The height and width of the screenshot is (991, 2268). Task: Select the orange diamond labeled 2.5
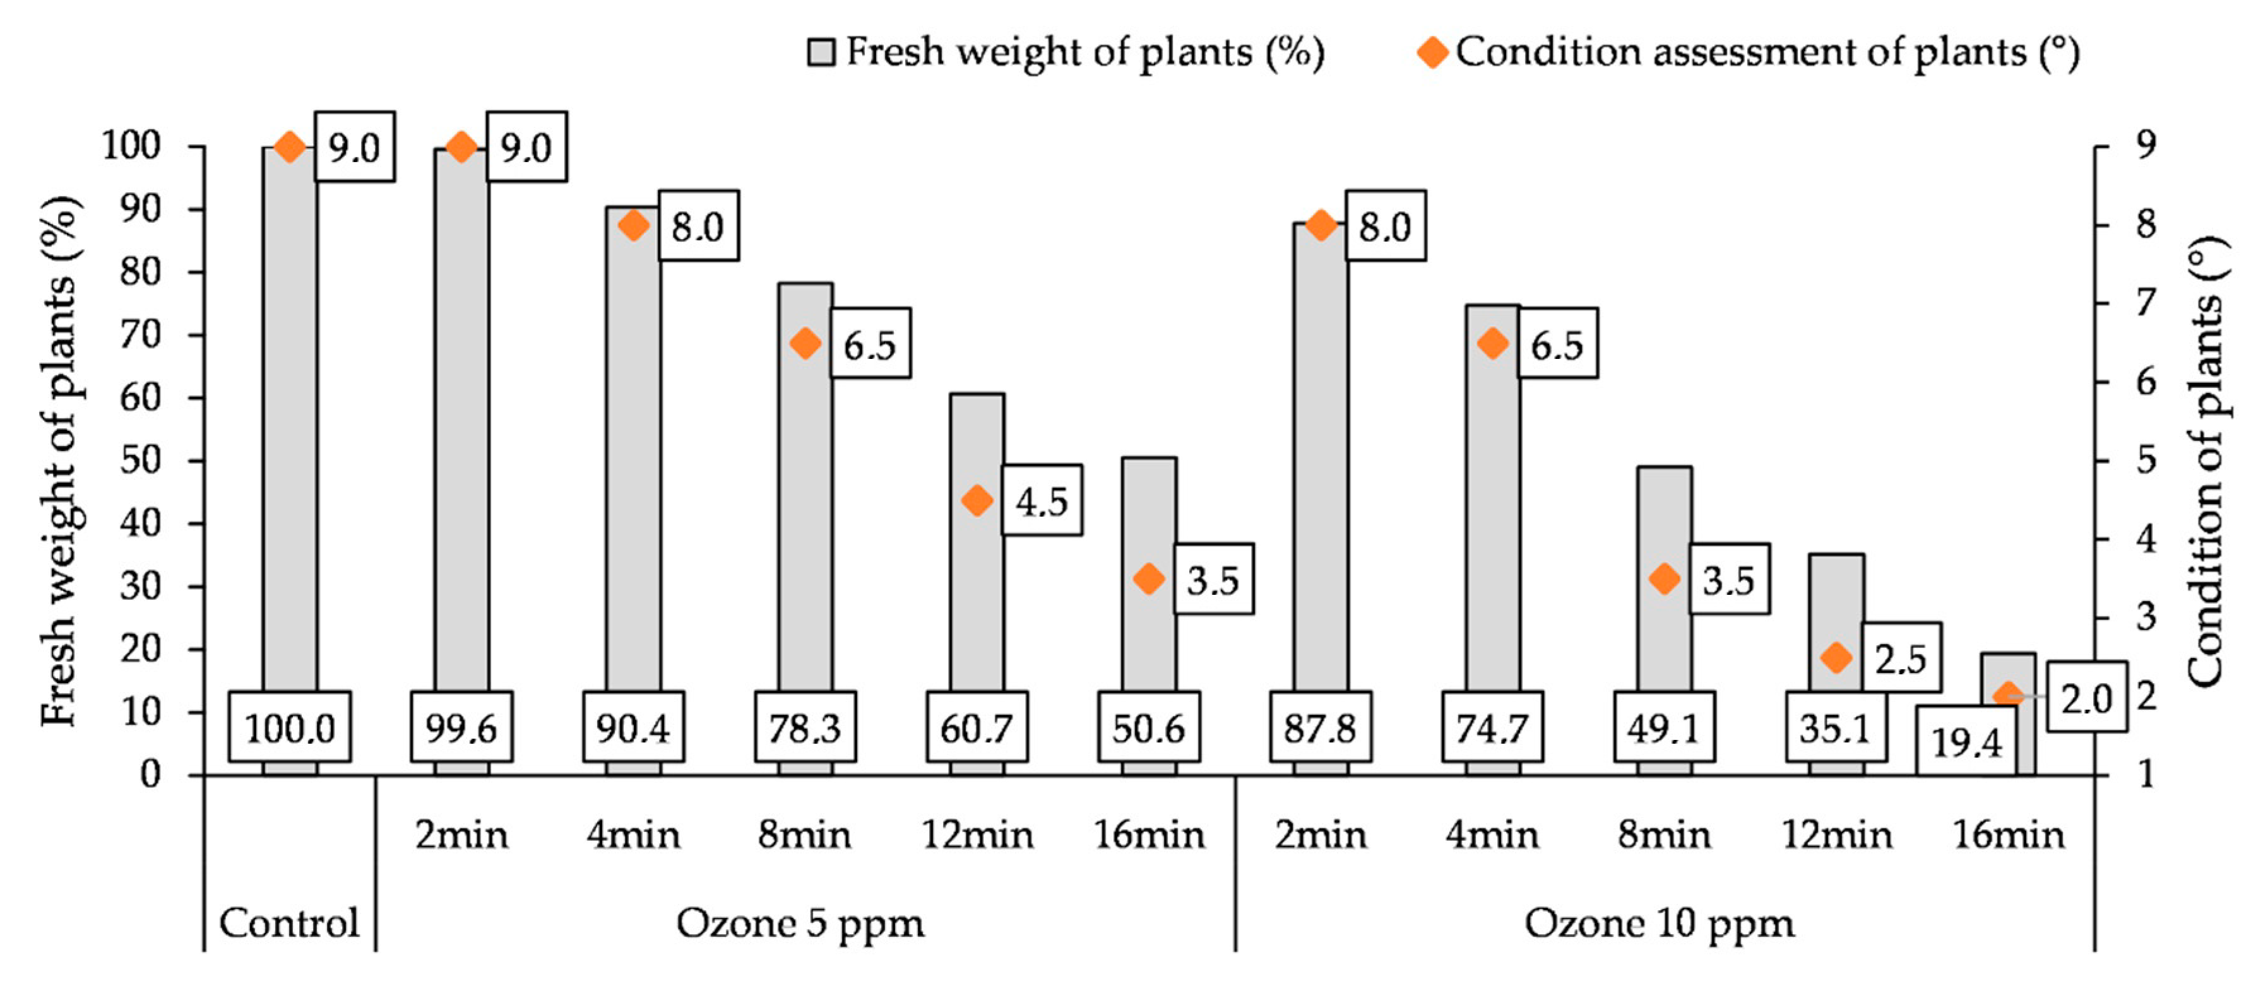tap(1836, 657)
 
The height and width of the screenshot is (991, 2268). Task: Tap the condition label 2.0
tap(2086, 698)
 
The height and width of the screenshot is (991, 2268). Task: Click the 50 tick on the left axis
tap(140, 460)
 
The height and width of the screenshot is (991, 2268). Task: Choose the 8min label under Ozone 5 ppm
tap(804, 835)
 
